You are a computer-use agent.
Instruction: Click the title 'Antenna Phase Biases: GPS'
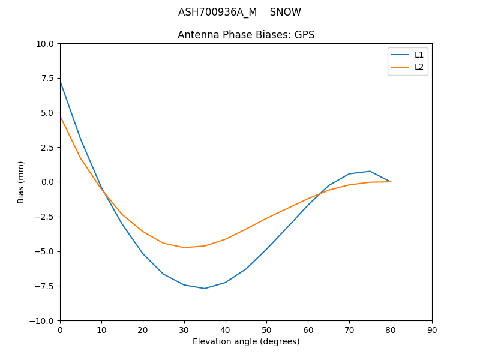click(x=246, y=35)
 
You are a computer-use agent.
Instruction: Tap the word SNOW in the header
click(x=286, y=12)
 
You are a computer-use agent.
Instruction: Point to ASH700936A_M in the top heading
click(x=217, y=12)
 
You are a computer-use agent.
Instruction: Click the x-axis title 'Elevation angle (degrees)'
click(x=246, y=341)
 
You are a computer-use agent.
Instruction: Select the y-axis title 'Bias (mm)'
click(x=21, y=182)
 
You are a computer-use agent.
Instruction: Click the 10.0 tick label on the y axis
click(x=45, y=44)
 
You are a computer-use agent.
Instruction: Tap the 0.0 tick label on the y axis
click(x=47, y=182)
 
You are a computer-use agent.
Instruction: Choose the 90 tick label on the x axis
click(x=432, y=330)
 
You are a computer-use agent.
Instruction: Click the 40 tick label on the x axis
click(x=226, y=330)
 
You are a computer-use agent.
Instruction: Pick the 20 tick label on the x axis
click(x=143, y=330)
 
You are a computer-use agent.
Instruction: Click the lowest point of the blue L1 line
click(x=205, y=289)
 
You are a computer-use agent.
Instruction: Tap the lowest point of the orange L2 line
click(x=184, y=247)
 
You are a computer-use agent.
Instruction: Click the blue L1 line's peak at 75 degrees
click(x=370, y=171)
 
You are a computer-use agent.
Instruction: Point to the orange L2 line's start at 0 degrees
click(x=60, y=116)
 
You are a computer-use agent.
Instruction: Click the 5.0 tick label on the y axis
click(x=47, y=113)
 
